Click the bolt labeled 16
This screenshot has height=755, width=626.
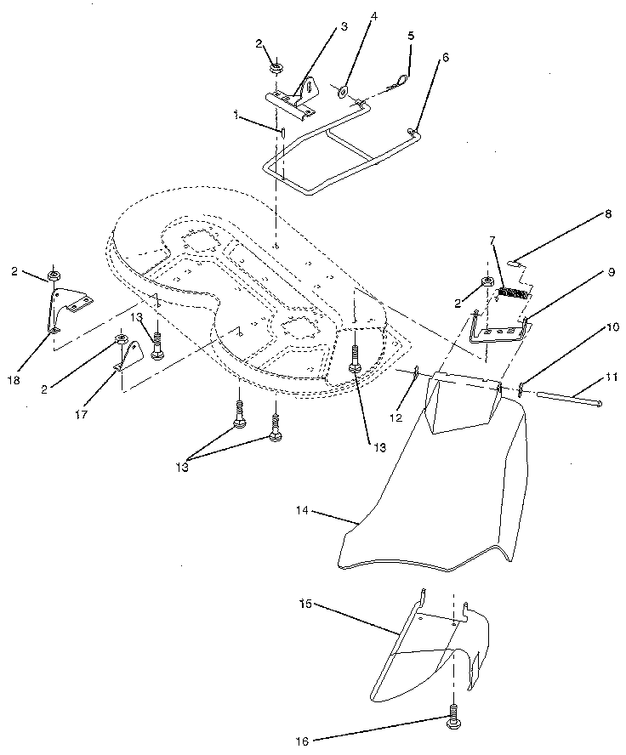pyautogui.click(x=452, y=718)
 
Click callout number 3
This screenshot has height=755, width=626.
pyautogui.click(x=344, y=26)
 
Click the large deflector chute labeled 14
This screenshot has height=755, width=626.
pyautogui.click(x=442, y=502)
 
